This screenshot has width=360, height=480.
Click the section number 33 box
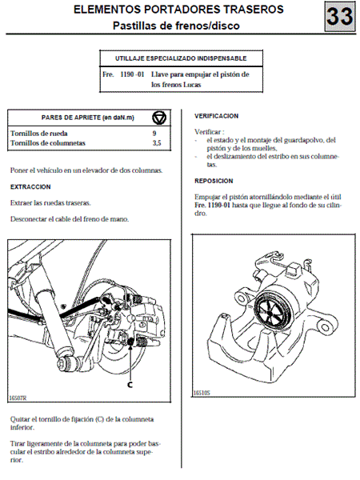[340, 16]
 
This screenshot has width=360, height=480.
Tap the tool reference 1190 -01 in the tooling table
[132, 74]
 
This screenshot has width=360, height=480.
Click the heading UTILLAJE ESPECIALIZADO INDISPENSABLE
[181, 58]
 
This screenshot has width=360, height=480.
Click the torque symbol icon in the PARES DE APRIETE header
[159, 118]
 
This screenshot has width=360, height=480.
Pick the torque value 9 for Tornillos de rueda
[154, 134]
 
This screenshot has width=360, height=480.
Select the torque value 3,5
[157, 143]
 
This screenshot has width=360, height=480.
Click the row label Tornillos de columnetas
[48, 143]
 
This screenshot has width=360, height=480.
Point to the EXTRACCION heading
[30, 186]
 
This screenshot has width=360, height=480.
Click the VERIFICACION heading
[216, 116]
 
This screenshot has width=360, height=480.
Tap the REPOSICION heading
[214, 181]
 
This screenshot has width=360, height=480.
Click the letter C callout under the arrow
[130, 385]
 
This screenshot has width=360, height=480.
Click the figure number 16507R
[18, 398]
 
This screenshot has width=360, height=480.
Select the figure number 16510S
[202, 393]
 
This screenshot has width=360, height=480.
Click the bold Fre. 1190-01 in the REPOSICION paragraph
[212, 205]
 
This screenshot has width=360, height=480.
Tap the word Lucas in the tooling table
[192, 85]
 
